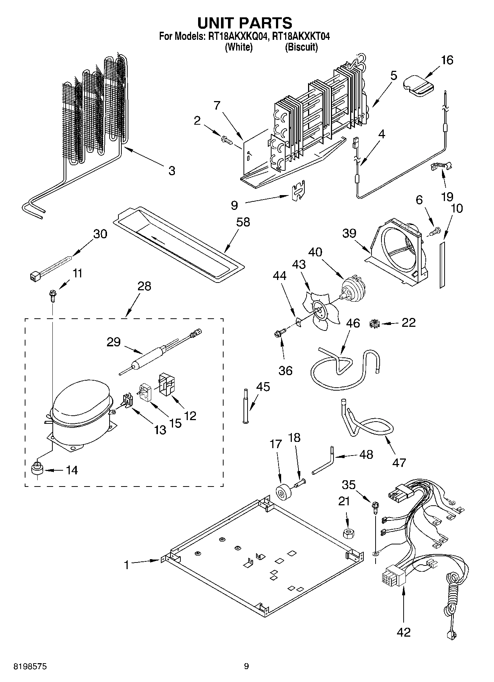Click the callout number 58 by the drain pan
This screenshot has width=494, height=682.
tap(243, 222)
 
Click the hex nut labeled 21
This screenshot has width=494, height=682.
tap(347, 533)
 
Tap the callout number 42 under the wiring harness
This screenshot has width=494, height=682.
tap(403, 632)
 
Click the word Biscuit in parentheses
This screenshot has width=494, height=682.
tap(301, 47)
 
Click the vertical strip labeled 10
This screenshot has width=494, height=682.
tap(442, 264)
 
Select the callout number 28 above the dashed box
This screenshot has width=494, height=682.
tap(144, 286)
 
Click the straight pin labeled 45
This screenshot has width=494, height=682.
tap(245, 405)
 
